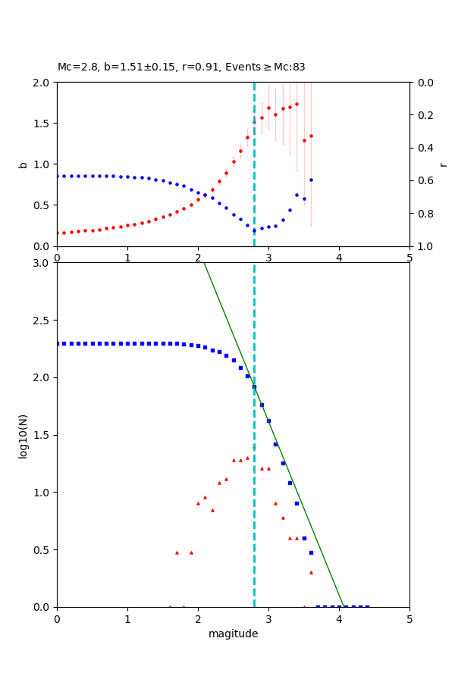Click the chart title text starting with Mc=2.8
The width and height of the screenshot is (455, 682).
[x=181, y=67]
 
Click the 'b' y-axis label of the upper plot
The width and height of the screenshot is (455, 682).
[x=23, y=164]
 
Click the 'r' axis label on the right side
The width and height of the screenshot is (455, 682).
[x=443, y=164]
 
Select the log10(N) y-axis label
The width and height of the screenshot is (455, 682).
[x=23, y=435]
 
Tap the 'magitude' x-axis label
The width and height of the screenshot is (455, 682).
[x=233, y=634]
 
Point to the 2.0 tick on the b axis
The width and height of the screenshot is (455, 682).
[x=42, y=82]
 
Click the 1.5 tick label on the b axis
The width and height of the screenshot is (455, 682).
[x=42, y=123]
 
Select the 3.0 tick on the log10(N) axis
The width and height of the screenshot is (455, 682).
[x=42, y=263]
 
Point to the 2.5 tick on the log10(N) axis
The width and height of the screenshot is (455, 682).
[x=42, y=321]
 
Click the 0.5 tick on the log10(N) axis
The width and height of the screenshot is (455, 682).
[x=42, y=550]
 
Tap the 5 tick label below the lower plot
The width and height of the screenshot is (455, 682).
[x=409, y=618]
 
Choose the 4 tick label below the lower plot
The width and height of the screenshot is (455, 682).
[x=339, y=618]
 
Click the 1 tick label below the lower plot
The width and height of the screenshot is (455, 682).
[x=127, y=618]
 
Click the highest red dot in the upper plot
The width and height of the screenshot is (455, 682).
[x=297, y=104]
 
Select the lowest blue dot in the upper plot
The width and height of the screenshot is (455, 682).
[x=254, y=230]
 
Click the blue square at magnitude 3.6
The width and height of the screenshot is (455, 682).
[x=311, y=552]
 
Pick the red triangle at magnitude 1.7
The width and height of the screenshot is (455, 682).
[x=177, y=552]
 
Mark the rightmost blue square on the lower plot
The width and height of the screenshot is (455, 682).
[x=367, y=607]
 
